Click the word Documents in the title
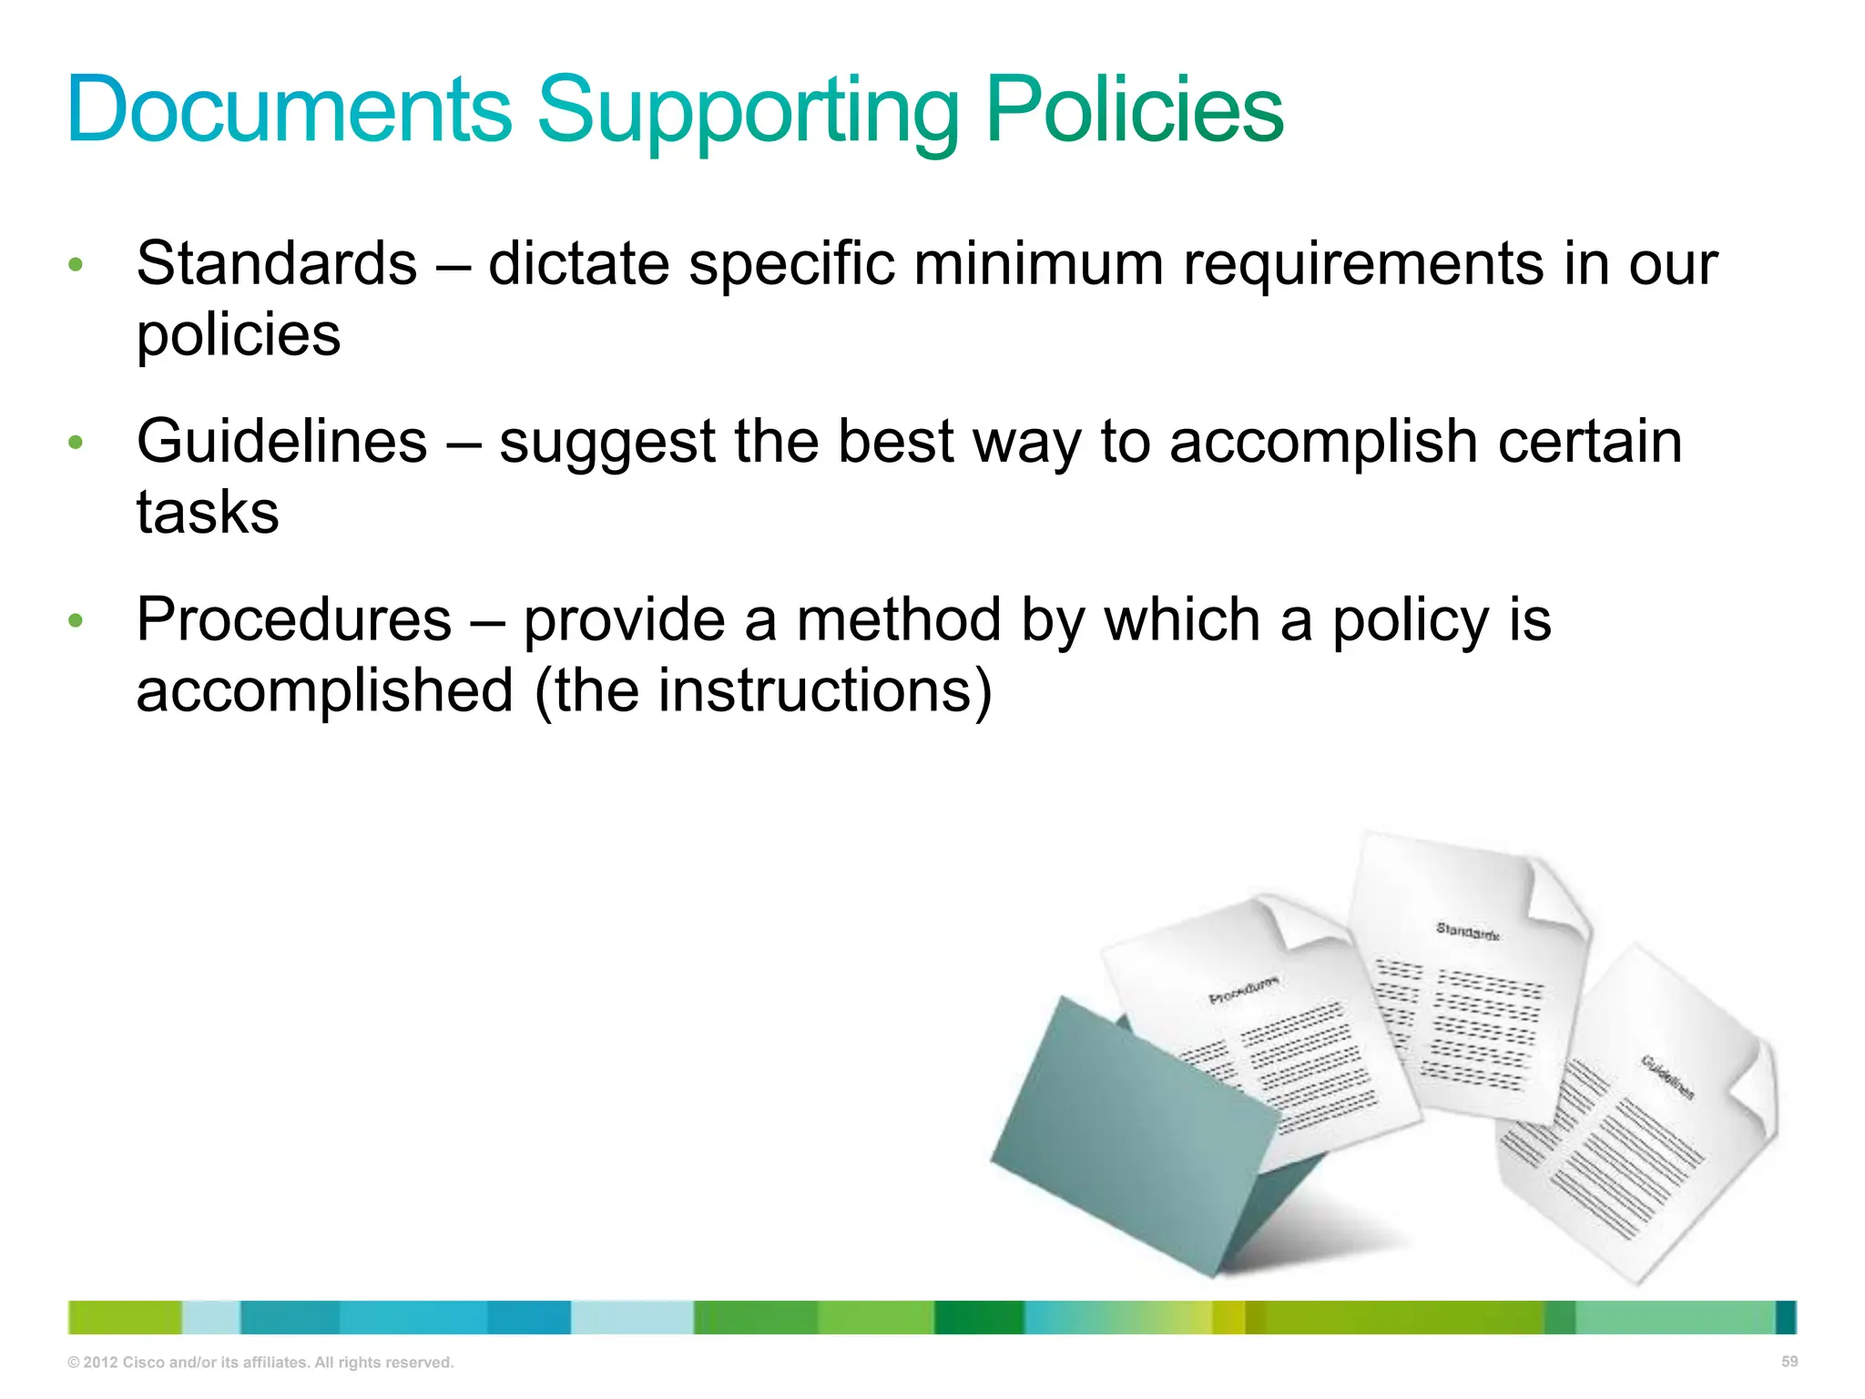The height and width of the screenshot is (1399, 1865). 290,109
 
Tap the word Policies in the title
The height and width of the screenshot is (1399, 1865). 1134,109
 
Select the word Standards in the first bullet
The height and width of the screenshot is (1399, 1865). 277,264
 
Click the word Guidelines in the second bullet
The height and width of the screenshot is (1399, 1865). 282,443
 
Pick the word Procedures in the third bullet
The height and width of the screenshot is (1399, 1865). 294,620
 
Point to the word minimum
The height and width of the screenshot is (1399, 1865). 1038,264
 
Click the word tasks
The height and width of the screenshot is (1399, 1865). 208,512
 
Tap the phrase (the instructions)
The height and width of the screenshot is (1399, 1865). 763,690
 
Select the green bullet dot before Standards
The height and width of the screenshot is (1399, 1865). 76,265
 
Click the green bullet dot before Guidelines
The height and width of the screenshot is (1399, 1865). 76,444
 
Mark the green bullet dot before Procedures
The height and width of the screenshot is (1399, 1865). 76,621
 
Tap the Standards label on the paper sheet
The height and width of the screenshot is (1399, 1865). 1467,931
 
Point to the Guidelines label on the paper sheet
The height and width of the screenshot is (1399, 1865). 1667,1077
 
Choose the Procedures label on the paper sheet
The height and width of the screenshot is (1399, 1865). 1243,991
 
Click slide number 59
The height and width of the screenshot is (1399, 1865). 1789,1362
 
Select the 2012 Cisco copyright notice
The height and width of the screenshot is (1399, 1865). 260,1363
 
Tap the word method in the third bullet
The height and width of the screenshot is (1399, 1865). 899,620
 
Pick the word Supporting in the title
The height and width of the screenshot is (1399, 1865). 749,111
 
